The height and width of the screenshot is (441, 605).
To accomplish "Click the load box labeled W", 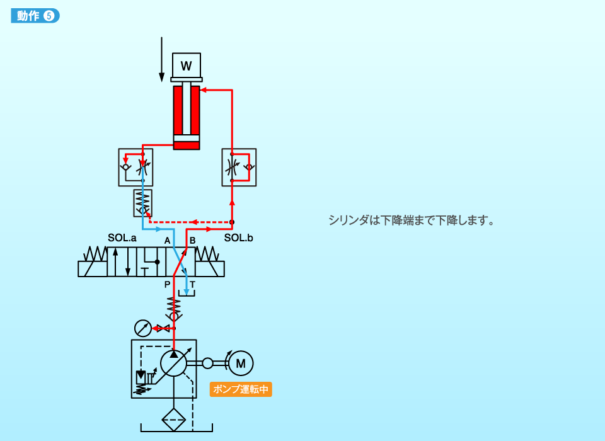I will (x=186, y=66).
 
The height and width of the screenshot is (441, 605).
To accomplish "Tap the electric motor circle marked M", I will (x=240, y=362).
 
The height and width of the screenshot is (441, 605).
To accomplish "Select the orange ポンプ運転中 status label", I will (x=241, y=389).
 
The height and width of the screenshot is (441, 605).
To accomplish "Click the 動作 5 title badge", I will (x=35, y=16).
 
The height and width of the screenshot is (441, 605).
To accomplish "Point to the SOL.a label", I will (x=122, y=238).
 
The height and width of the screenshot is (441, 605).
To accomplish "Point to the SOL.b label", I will (x=238, y=238).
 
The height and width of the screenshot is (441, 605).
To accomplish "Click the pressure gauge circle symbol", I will (x=143, y=328).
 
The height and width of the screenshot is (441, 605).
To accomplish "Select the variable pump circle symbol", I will (x=174, y=363).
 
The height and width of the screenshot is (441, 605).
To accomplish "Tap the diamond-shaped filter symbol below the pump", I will (x=174, y=419).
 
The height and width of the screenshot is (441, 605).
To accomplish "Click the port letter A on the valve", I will (x=167, y=241).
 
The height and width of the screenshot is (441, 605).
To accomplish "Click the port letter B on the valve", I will (x=193, y=241).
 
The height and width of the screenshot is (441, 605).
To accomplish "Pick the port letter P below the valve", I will (x=167, y=285).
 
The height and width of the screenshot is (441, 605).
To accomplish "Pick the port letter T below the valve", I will (x=193, y=285).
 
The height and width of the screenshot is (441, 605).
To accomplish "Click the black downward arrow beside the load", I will (x=162, y=59).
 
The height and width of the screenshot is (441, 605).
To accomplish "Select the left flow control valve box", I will (x=136, y=167).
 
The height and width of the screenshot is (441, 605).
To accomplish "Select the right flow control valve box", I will (x=239, y=168).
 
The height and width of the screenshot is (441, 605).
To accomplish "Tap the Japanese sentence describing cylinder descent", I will (x=411, y=220).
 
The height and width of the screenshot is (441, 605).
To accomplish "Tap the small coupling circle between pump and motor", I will (x=207, y=363).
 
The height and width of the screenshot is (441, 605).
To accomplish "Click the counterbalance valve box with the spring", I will (x=143, y=202).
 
